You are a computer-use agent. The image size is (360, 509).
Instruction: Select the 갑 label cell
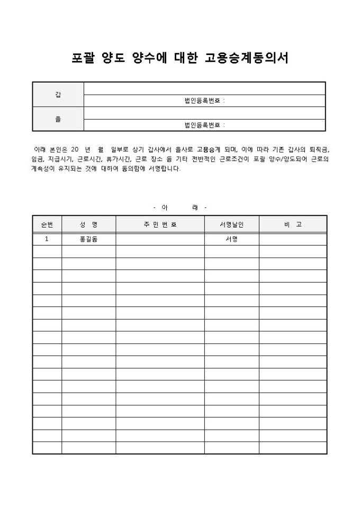[x=58, y=95]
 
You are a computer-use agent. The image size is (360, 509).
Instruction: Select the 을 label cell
[x=58, y=119]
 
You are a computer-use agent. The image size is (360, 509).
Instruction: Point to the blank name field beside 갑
[x=204, y=88]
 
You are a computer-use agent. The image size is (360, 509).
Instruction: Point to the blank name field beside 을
[x=204, y=113]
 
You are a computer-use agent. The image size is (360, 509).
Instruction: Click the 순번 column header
[x=47, y=224]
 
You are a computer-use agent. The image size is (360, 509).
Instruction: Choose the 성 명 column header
[x=88, y=224]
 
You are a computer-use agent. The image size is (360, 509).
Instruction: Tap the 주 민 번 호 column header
[x=160, y=224]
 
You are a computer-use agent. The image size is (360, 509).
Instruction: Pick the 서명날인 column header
[x=231, y=224]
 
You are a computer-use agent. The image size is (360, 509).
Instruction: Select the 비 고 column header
[x=292, y=224]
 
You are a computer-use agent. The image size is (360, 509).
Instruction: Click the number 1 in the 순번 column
[x=47, y=239]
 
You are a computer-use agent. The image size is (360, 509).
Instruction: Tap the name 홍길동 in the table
[x=88, y=239]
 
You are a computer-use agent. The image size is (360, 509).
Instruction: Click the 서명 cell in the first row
[x=231, y=239]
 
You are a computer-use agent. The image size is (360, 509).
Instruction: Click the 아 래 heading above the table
[x=179, y=206]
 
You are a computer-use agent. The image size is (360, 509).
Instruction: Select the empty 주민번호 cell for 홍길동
[x=160, y=239]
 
